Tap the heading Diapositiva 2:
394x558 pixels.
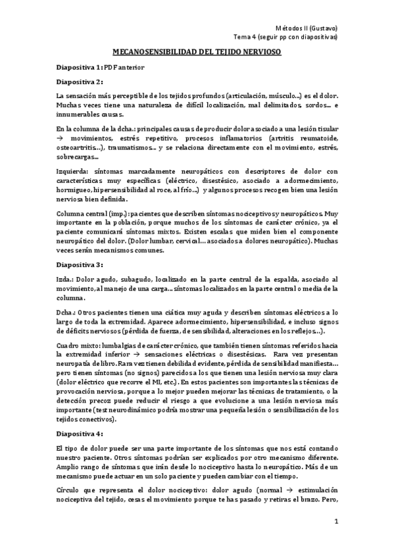click(80, 82)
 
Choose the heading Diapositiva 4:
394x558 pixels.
click(80, 434)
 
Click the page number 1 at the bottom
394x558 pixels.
click(335, 522)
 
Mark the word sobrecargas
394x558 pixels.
click(76, 157)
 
